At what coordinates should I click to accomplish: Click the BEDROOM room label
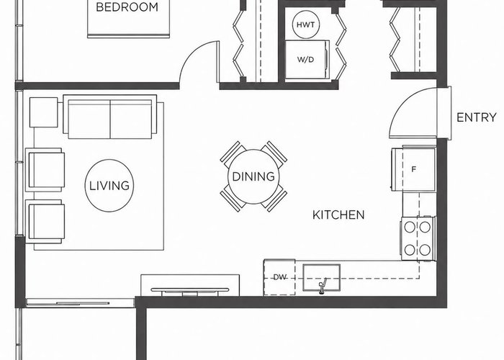pos(127,6)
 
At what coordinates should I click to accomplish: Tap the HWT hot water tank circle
pos(306,24)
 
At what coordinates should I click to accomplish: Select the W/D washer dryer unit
pos(307,60)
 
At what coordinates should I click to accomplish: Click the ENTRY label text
pos(477,117)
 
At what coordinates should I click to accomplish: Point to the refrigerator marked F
pos(414,168)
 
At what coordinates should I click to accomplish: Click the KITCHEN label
pos(338,215)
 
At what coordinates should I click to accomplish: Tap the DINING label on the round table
pos(253,176)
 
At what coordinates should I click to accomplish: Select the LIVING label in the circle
pos(109,186)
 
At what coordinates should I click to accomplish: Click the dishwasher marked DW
pos(279,277)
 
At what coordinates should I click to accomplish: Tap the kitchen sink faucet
pos(323,285)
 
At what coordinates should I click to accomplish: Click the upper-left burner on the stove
pos(410,227)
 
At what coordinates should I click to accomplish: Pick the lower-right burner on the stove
pos(425,249)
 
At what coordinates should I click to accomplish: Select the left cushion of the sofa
pos(89,120)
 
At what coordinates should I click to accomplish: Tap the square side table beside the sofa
pos(44,112)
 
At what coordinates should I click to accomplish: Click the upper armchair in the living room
pos(45,170)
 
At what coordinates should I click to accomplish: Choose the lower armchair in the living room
pos(45,222)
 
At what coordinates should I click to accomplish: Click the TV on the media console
pos(189,291)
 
